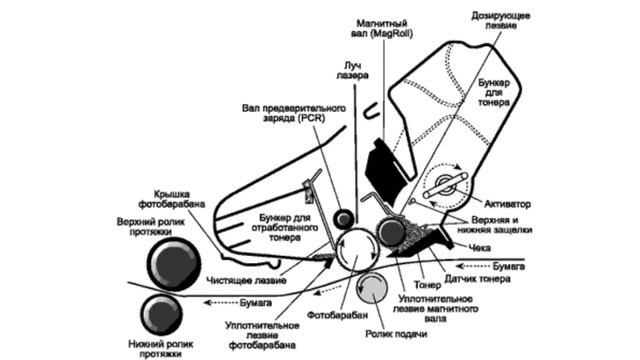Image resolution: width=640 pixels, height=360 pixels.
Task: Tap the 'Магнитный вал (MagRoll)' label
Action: click(x=382, y=29)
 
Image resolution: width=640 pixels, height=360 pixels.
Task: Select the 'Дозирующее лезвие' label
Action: click(x=501, y=20)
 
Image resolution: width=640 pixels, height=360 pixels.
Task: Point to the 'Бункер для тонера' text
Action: click(x=494, y=93)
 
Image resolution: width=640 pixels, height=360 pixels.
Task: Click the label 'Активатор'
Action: click(x=507, y=204)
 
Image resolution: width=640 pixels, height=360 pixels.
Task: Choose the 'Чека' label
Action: click(x=480, y=247)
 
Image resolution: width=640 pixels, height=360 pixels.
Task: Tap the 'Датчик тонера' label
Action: click(x=477, y=279)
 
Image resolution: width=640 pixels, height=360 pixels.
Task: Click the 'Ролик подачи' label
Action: click(x=396, y=334)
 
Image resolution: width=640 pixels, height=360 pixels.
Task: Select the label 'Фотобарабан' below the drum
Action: click(x=337, y=315)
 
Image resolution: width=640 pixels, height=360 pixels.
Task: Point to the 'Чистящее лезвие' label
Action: click(x=246, y=280)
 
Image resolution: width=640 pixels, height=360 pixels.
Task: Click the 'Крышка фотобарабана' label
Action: click(x=171, y=199)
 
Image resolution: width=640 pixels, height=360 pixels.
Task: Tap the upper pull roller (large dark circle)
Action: click(x=174, y=264)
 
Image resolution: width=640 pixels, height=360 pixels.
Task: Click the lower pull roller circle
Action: click(x=162, y=315)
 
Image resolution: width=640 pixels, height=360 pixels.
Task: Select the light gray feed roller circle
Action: click(x=372, y=289)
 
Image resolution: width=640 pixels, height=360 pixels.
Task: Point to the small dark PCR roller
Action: click(x=343, y=219)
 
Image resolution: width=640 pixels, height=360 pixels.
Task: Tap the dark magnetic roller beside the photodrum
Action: click(x=391, y=232)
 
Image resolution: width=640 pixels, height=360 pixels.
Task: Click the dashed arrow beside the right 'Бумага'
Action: click(x=472, y=266)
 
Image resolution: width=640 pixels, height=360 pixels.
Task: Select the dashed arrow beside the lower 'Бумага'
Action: click(x=220, y=302)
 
